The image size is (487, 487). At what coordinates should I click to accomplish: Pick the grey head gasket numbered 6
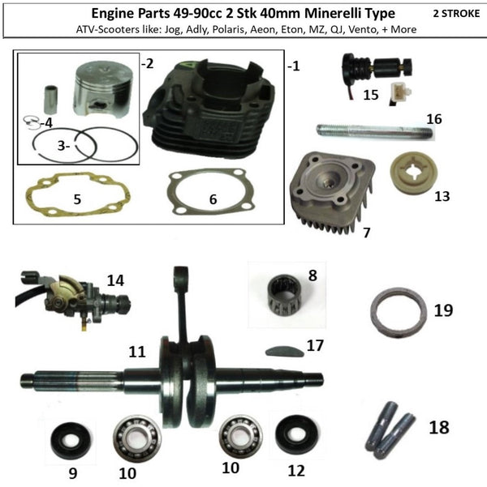click(x=208, y=195)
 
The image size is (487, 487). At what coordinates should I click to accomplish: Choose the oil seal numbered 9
click(x=62, y=438)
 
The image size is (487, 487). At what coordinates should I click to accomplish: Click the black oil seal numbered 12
click(x=290, y=437)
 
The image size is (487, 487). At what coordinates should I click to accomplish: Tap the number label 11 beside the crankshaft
click(x=136, y=352)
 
